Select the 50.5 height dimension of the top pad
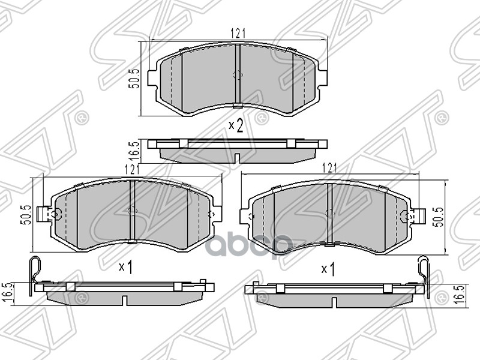coord(135,79)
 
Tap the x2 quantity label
coord(236,125)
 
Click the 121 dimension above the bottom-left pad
coord(132,170)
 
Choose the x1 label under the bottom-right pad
coord(328,269)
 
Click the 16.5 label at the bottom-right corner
coord(460,295)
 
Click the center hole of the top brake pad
coord(236,76)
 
